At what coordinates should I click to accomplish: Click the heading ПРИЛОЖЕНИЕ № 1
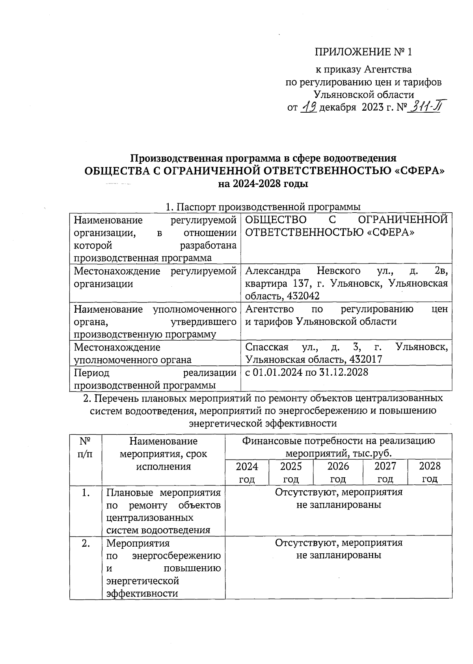(x=363, y=52)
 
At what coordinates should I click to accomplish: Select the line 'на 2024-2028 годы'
(x=263, y=184)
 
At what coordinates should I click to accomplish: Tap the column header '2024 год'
(x=247, y=472)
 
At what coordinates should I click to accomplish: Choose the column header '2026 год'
(x=338, y=472)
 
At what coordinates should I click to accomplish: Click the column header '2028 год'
(x=430, y=472)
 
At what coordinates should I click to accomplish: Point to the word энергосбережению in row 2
(x=176, y=556)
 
